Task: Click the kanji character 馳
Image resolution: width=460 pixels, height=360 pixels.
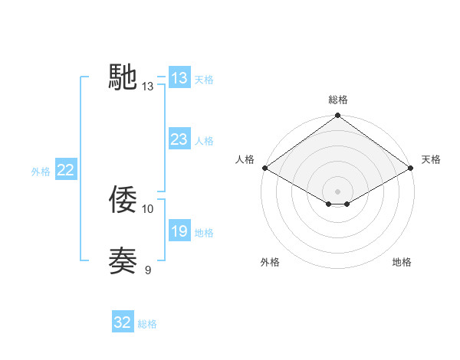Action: tap(123, 77)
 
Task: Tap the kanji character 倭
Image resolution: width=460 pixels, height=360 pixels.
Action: tap(123, 200)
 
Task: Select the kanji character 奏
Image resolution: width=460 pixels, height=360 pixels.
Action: tap(123, 261)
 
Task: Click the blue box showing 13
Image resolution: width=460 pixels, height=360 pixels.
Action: tap(179, 78)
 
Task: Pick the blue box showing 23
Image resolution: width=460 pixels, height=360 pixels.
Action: tap(179, 139)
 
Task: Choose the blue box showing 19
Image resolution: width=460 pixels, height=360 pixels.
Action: tap(179, 231)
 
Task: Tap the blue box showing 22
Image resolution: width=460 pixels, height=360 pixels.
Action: tap(65, 170)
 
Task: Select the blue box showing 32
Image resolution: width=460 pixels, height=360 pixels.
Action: tap(123, 323)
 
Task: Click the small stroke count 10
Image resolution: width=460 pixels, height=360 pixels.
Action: tap(148, 208)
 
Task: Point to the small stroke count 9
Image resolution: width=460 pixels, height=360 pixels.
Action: tap(148, 270)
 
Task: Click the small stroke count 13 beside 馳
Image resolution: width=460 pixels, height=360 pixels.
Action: tap(148, 87)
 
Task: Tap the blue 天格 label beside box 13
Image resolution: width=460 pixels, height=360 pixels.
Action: tap(204, 79)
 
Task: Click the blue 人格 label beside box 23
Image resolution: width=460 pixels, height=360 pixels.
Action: tap(204, 140)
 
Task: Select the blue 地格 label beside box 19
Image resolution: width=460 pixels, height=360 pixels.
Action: tap(204, 232)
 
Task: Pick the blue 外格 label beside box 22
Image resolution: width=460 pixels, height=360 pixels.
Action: tap(41, 172)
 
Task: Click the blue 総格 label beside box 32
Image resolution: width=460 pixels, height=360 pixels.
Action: tap(147, 324)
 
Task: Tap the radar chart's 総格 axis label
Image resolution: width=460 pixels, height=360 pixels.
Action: tap(338, 100)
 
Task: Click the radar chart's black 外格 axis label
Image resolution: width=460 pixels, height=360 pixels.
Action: tap(270, 262)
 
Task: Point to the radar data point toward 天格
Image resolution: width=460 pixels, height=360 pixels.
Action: tap(411, 168)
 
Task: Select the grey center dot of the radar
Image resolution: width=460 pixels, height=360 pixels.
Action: tap(338, 191)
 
